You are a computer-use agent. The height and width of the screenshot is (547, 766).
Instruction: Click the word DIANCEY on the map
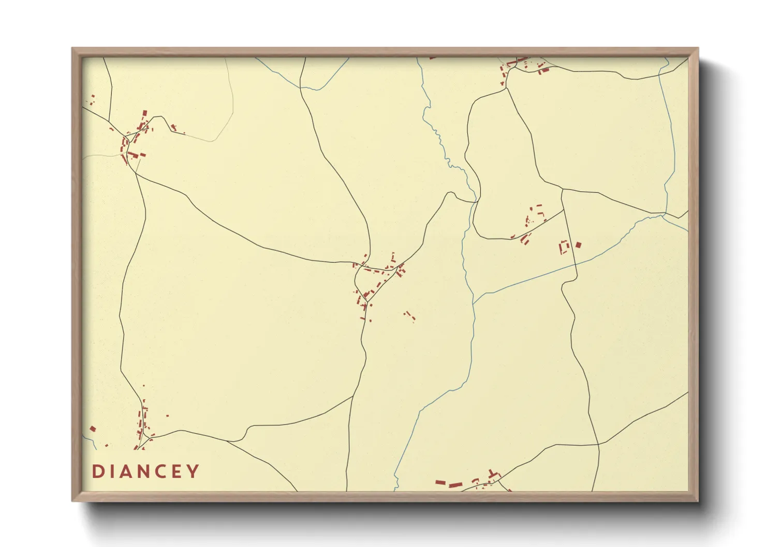[145, 471]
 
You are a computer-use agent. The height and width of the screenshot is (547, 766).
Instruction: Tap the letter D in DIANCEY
[97, 471]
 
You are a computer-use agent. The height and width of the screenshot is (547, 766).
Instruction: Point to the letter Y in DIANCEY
[194, 471]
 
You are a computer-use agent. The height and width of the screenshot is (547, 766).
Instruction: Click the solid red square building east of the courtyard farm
[579, 245]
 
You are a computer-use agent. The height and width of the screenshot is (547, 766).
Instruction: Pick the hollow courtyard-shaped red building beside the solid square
[564, 247]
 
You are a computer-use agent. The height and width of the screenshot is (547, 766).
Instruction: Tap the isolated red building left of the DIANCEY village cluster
[93, 429]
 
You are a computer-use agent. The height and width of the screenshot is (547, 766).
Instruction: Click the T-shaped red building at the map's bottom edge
[492, 475]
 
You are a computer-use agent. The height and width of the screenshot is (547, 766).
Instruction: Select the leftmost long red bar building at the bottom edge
[440, 482]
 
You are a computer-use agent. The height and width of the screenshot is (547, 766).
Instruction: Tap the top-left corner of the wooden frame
[72, 49]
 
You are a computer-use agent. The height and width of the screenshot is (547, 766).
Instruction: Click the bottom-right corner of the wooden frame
[698, 500]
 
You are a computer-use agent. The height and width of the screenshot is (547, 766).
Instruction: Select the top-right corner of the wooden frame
[698, 49]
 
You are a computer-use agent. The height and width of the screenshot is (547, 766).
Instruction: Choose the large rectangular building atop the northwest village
[145, 113]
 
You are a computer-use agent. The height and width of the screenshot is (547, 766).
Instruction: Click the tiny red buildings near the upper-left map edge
[93, 100]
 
